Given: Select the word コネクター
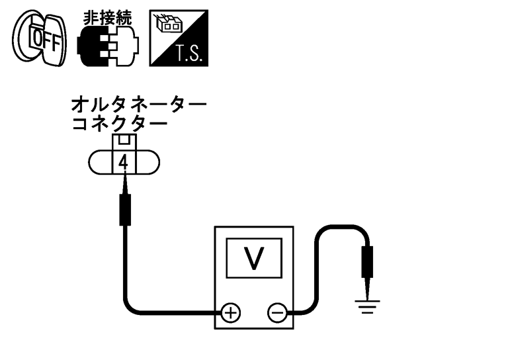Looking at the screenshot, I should pyautogui.click(x=119, y=124).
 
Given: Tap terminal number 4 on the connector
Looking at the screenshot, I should pyautogui.click(x=124, y=161).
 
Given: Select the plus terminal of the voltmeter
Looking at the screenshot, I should pyautogui.click(x=230, y=311).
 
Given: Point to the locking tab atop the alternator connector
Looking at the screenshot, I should pyautogui.click(x=123, y=141).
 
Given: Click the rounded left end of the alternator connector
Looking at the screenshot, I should pyautogui.click(x=97, y=161).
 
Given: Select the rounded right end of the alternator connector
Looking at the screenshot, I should pyautogui.click(x=150, y=161).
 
